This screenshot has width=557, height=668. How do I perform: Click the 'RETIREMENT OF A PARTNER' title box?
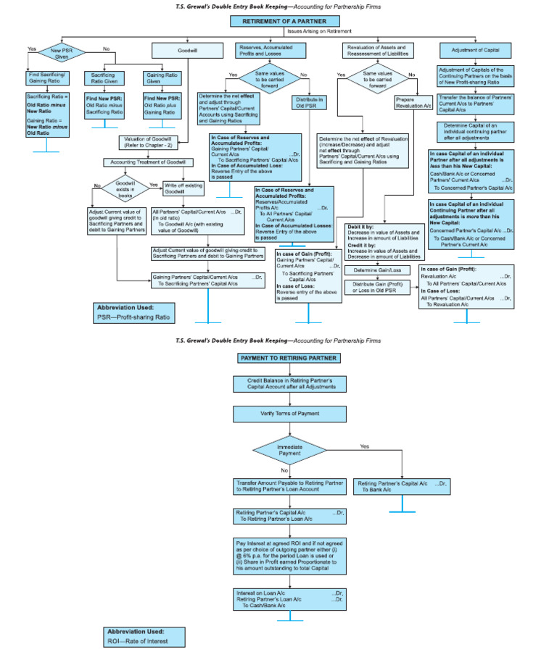click(278, 21)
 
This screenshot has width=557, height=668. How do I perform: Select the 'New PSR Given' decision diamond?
click(62, 52)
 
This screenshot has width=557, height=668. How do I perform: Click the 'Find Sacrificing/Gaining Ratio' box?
click(47, 78)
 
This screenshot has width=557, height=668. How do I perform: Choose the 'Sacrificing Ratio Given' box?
click(106, 78)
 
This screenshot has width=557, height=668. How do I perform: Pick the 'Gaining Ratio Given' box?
click(162, 78)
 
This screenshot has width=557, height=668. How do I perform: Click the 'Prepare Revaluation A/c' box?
click(413, 102)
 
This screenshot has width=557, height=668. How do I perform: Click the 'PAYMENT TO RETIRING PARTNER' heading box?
click(288, 358)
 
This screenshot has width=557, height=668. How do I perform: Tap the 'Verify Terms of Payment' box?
click(289, 414)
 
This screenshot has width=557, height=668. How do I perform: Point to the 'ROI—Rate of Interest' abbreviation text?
click(138, 640)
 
